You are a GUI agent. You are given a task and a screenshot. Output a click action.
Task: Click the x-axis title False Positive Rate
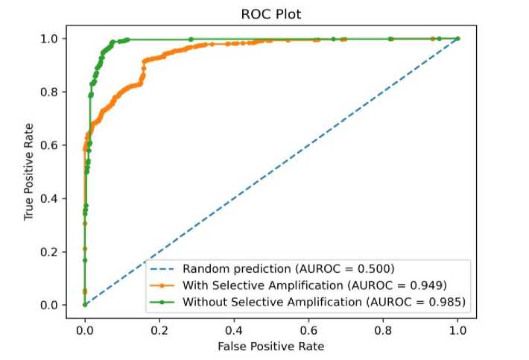tap(271, 347)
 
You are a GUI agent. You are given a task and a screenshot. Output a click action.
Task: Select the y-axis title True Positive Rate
tap(29, 171)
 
